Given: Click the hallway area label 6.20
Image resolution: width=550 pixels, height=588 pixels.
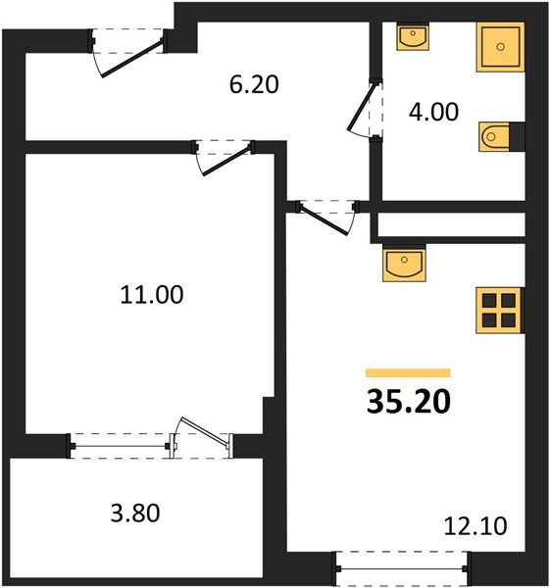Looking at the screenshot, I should [254, 85].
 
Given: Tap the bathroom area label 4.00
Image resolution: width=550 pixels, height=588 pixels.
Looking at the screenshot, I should [433, 112].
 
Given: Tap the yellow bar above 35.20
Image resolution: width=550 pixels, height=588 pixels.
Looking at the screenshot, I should [408, 372].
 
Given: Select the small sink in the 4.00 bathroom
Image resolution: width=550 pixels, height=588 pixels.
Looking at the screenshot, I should [412, 37].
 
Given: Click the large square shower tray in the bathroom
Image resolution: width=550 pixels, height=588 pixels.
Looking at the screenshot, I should [501, 45].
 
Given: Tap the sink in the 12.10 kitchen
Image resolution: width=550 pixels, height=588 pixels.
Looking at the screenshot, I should [403, 263].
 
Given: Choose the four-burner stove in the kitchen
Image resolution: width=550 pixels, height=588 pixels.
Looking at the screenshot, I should [500, 310].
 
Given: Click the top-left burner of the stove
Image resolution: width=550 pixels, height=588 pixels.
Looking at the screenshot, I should [490, 300].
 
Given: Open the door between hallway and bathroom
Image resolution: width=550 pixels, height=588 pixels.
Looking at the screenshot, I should [363, 109].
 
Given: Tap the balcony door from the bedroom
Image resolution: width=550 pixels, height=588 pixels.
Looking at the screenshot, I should [200, 439].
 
